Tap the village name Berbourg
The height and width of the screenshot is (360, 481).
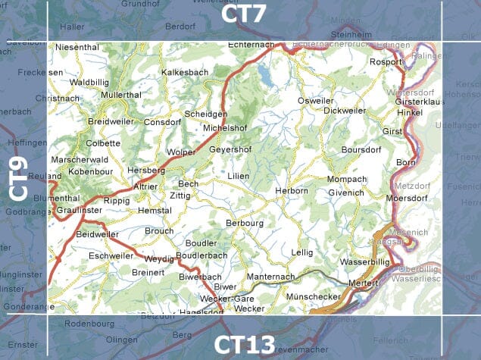click(x=244, y=224)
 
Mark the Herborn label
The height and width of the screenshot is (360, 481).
click(x=292, y=191)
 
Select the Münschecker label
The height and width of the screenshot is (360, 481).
click(x=314, y=296)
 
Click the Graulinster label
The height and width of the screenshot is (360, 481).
click(x=79, y=211)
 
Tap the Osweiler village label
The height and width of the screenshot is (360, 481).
click(x=315, y=101)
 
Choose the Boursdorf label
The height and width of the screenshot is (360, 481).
click(x=361, y=150)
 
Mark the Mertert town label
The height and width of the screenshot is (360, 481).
click(x=363, y=283)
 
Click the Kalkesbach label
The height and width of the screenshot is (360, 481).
click(x=185, y=73)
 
